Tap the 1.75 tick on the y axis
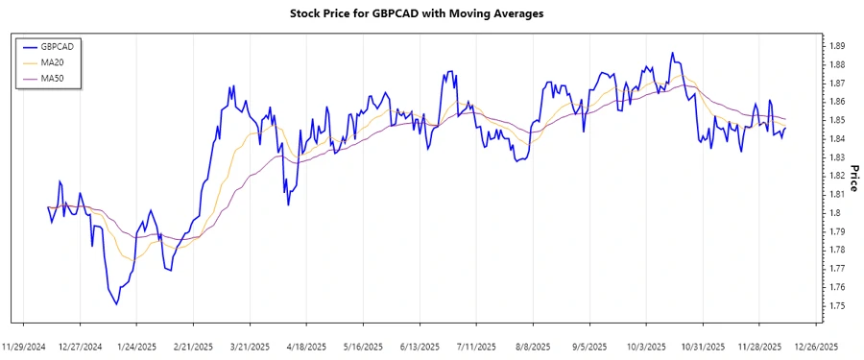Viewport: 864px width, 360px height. tap(836, 305)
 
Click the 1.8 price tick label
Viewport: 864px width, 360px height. tap(833, 213)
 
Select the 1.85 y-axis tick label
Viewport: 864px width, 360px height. tap(836, 120)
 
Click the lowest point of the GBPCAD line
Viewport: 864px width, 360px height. tap(117, 304)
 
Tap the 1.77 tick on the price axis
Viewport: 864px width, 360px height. tap(836, 269)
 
